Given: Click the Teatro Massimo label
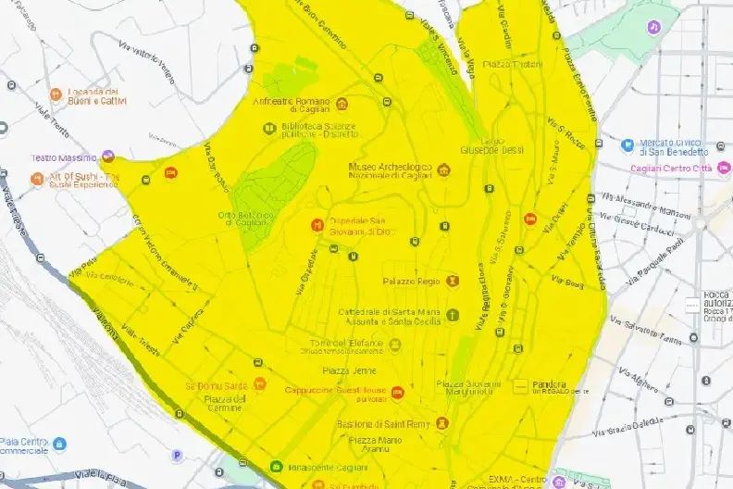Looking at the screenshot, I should click(x=65, y=158).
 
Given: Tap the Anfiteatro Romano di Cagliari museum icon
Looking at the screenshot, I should click(x=342, y=102).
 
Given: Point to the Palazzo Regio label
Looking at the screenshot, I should click(x=412, y=280).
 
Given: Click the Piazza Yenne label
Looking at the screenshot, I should click(x=340, y=370).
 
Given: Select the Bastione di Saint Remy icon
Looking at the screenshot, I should click(x=442, y=423).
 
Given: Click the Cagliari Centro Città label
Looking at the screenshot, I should click(x=670, y=168).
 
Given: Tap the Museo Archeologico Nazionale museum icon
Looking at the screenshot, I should click(x=442, y=169).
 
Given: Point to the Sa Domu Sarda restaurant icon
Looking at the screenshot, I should click(x=260, y=384).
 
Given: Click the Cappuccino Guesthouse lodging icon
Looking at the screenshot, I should click(x=397, y=393).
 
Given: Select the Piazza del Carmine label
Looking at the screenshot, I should click(x=225, y=404).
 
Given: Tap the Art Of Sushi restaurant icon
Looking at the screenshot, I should click(x=37, y=177).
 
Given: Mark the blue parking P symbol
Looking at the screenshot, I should click(x=178, y=455).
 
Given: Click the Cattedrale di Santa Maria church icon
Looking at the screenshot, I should click(x=452, y=315).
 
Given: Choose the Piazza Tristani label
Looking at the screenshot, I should click(x=509, y=63).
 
